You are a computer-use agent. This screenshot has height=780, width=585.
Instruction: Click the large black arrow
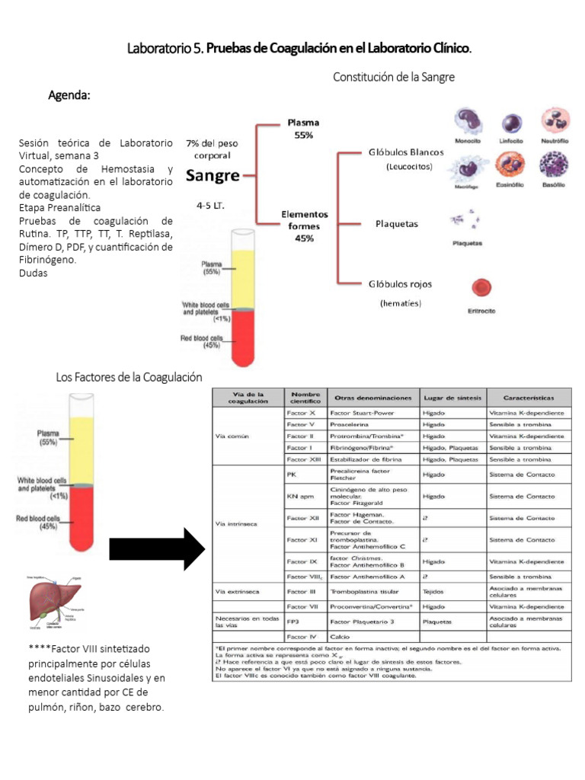[x=156, y=548]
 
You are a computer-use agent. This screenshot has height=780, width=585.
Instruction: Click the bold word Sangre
[x=213, y=175]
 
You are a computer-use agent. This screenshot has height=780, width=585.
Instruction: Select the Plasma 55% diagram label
[x=303, y=128]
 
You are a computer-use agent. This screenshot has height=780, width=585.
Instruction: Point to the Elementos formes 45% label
[x=304, y=226]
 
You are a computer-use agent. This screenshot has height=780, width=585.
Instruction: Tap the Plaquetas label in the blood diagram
[x=397, y=224]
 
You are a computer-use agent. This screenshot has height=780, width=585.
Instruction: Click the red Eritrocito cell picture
[x=481, y=288]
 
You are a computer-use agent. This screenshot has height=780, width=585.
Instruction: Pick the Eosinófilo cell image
[x=510, y=165]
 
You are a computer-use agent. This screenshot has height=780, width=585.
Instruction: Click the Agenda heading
[x=69, y=96]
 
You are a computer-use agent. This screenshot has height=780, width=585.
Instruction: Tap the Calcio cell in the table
[x=340, y=635]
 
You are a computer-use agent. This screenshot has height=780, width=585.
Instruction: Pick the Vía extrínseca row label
[x=238, y=591]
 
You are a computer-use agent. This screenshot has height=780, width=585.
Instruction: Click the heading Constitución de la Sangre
[x=394, y=77]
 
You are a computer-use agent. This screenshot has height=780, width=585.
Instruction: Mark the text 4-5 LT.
[x=210, y=205]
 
